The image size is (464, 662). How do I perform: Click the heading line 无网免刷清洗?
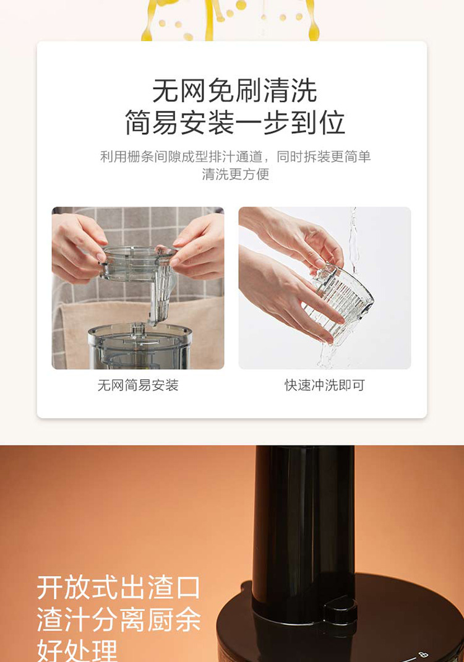click(234, 90)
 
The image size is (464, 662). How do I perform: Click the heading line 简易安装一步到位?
click(234, 123)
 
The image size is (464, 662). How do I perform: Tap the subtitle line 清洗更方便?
click(235, 174)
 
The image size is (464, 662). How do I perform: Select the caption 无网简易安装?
click(138, 385)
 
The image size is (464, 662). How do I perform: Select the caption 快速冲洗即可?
click(324, 385)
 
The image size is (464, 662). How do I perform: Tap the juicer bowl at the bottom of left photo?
click(140, 346)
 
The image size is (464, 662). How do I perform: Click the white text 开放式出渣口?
click(119, 587)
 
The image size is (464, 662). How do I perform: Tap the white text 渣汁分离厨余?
click(119, 619)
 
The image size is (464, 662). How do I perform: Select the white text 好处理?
click(77, 650)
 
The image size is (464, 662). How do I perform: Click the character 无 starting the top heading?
click(165, 90)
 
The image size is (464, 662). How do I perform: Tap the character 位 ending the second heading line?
click(332, 123)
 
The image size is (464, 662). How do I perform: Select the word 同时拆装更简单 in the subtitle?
click(324, 157)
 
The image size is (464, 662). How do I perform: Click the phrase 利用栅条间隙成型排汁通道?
click(181, 157)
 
